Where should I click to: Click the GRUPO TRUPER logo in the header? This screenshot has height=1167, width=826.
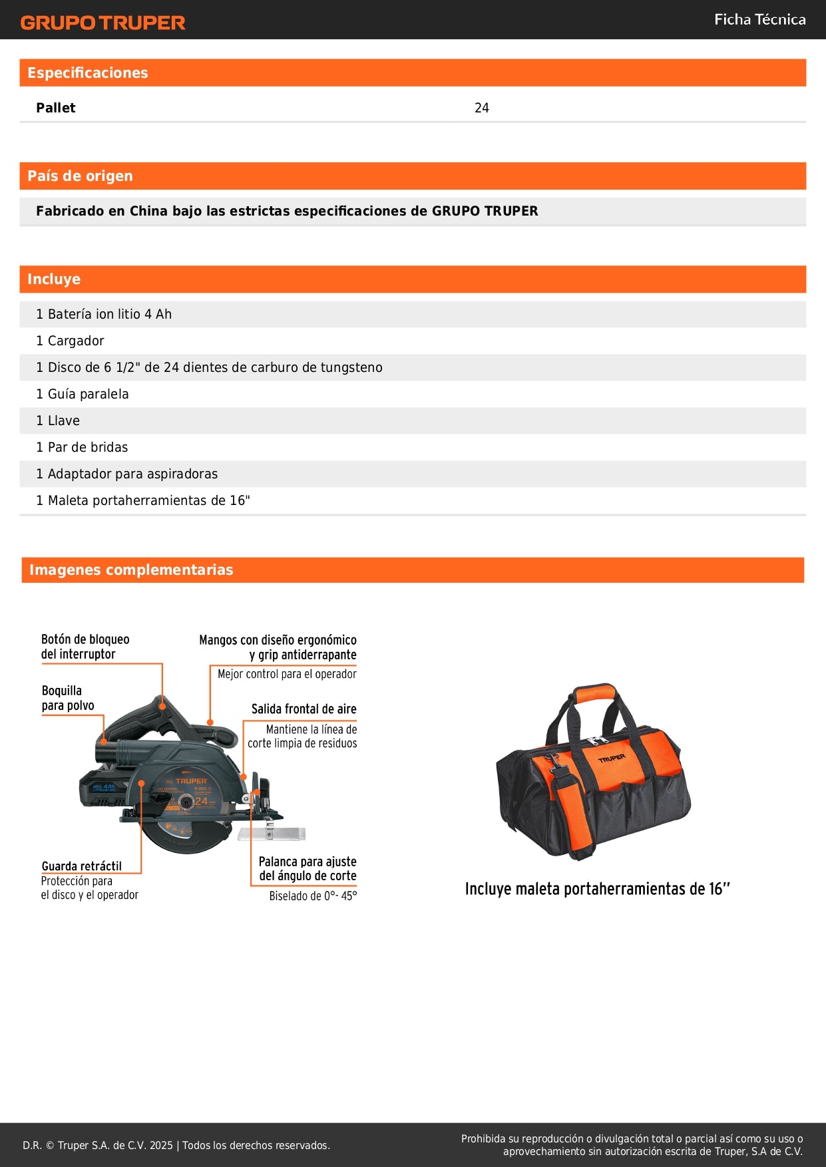tap(103, 23)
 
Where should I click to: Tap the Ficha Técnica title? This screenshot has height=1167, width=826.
tap(759, 19)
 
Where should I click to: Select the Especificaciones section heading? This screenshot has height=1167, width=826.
tap(87, 73)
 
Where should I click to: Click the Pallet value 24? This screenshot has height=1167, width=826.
tap(482, 108)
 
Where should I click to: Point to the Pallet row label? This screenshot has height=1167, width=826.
tap(56, 108)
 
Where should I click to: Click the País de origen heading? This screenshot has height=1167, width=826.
tap(80, 176)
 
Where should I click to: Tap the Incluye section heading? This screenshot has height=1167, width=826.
tap(54, 279)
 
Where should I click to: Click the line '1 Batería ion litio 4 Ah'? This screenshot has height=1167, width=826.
tap(104, 314)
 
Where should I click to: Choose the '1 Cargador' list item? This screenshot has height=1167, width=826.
tap(70, 341)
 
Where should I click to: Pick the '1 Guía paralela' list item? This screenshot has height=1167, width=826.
tap(83, 394)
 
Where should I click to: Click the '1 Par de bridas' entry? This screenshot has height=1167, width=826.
tap(82, 447)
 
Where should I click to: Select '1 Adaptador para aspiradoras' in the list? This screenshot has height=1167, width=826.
tap(126, 474)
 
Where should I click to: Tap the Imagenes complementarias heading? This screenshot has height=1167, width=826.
tap(131, 570)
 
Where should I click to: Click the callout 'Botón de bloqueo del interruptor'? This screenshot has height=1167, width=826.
tap(85, 647)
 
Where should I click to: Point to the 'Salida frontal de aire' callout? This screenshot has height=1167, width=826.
tap(304, 709)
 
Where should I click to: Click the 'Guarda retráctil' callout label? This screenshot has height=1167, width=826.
tap(82, 866)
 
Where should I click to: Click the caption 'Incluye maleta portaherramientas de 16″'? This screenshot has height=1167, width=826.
tap(597, 889)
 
